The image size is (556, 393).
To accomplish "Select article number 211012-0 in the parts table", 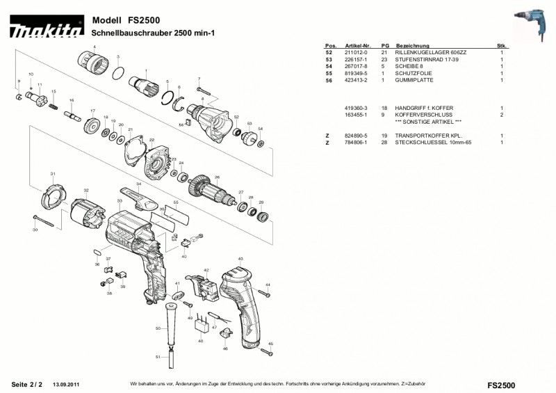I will [x=355, y=52].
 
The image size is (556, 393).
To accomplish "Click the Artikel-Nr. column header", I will [x=357, y=45].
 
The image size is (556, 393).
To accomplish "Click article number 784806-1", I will [x=355, y=142].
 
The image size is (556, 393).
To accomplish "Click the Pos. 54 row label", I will [x=329, y=66].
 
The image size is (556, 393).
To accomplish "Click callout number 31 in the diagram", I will [x=52, y=173].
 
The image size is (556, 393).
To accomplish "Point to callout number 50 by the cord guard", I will [x=158, y=328].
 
